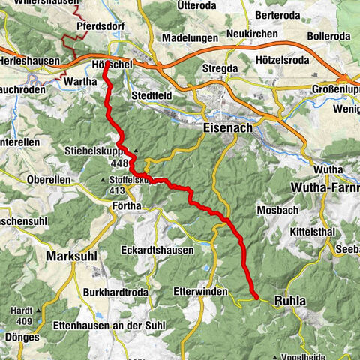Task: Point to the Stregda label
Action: pyautogui.click(x=220, y=68)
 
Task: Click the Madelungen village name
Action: pyautogui.click(x=190, y=37)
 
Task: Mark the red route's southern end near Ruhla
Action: pyautogui.click(x=255, y=298)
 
